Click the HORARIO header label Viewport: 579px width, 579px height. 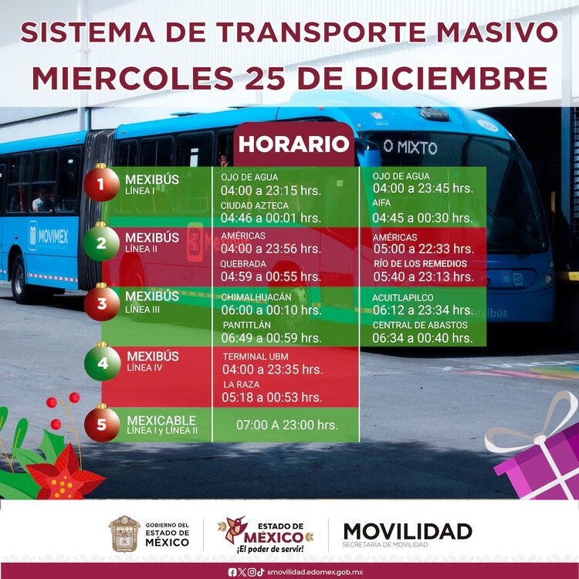(x=293, y=144)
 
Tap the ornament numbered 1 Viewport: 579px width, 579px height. (x=102, y=185)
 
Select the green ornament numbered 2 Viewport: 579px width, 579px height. (x=102, y=243)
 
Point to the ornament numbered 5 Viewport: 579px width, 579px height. (x=102, y=424)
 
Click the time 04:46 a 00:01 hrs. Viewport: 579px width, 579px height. (x=270, y=218)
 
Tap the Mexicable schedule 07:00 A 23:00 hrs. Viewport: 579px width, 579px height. (x=286, y=425)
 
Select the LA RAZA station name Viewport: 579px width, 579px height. (x=240, y=384)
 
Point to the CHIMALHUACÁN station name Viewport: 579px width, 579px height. (x=256, y=297)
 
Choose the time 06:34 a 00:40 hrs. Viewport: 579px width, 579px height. (x=422, y=338)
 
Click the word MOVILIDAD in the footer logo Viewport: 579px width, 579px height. (x=408, y=531)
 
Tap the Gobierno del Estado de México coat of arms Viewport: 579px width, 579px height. (x=124, y=533)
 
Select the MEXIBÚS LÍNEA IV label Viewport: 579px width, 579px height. (x=152, y=361)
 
